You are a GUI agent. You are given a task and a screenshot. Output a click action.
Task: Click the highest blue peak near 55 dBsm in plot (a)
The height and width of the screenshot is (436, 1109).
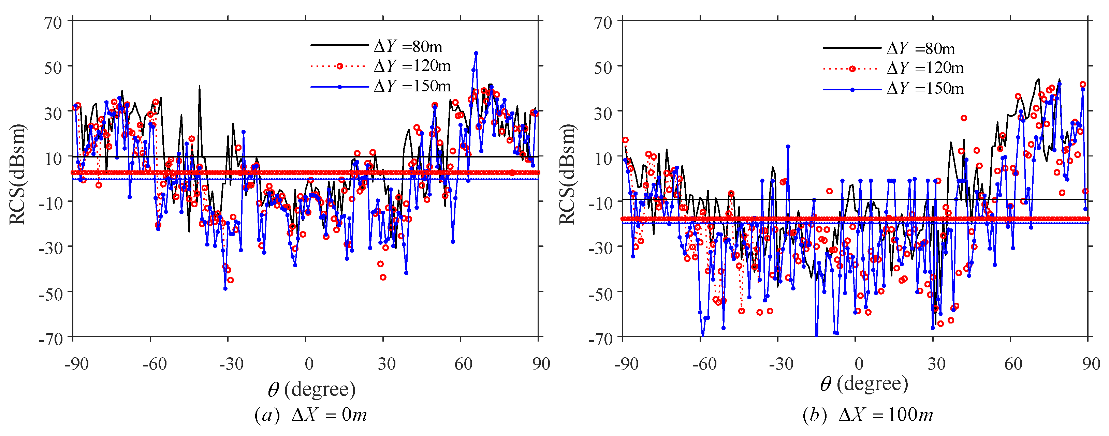pos(476,54)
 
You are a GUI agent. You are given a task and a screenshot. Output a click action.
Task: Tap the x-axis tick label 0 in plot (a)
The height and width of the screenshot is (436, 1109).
pos(309,364)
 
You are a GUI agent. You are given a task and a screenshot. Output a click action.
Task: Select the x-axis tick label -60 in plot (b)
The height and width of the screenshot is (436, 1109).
pos(704,364)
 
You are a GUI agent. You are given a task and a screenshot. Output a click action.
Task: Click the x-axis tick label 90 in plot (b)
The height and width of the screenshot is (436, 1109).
pos(1091,364)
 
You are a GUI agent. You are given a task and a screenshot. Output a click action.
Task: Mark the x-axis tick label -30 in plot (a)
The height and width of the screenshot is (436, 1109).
pos(231,364)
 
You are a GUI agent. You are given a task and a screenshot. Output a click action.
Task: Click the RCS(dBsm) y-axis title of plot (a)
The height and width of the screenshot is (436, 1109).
pos(17,174)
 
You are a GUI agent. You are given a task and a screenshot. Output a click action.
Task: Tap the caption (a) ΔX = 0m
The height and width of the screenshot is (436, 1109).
pos(310,415)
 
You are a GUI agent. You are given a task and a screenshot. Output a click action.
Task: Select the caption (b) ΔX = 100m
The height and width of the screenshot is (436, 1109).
pos(868,415)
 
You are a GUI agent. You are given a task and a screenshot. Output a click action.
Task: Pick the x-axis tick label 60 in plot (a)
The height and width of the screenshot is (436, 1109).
pos(463,364)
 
